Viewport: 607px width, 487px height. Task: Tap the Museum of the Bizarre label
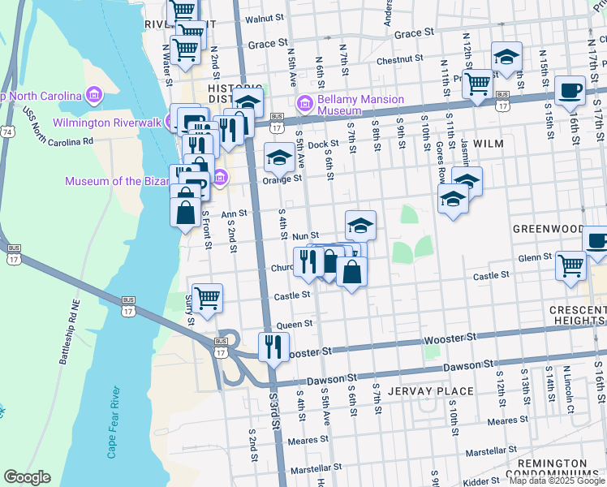coord(138,181)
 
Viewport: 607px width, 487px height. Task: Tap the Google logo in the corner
coord(27,477)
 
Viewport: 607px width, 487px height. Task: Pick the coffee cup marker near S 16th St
coord(570,90)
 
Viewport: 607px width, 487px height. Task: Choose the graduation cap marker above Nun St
coord(360,225)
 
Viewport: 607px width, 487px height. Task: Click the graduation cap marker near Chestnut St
coord(506,57)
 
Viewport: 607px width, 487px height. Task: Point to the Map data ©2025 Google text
coord(556,481)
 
